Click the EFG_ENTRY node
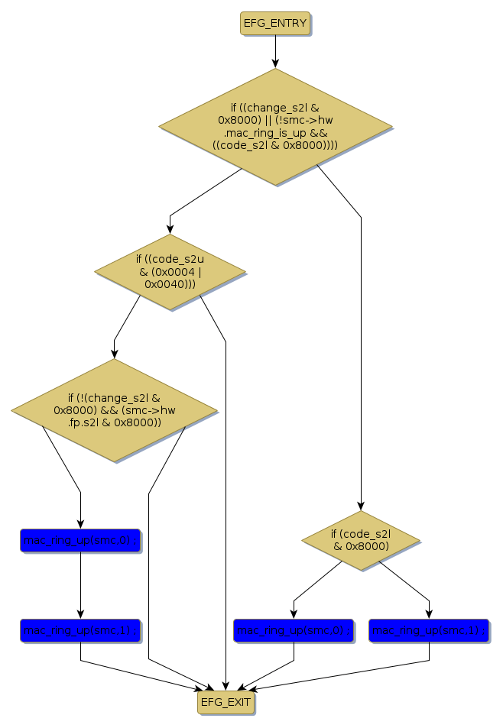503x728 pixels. coord(274,24)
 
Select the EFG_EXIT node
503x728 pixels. coord(225,701)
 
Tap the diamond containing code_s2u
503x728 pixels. coord(170,272)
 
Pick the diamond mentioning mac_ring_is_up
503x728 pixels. coord(275,126)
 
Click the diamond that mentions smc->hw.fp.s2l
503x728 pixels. coord(115,410)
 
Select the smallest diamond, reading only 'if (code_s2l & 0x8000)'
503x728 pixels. coord(361,540)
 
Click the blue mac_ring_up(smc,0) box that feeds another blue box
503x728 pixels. coord(80,541)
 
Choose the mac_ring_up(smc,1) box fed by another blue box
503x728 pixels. coord(80,630)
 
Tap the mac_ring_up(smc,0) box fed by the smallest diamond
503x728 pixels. coord(294,630)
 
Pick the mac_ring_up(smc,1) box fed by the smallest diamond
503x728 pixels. coord(429,630)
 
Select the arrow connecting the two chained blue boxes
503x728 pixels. coord(80,584)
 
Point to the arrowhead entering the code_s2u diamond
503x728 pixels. coord(170,228)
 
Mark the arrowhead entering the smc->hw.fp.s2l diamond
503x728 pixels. coord(115,354)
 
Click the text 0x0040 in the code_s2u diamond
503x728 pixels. coord(161,284)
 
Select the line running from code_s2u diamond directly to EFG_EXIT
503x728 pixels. coord(226,497)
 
